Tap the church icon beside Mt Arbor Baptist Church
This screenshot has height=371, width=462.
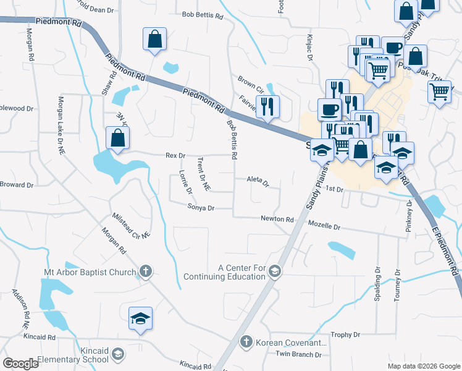tap(145, 271)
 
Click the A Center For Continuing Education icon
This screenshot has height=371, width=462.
tap(274, 271)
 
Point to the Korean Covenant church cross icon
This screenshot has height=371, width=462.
tap(246, 342)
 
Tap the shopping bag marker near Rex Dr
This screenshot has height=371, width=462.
tap(117, 139)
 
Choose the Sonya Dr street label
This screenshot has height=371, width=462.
tap(201, 208)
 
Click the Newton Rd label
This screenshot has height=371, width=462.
tap(277, 219)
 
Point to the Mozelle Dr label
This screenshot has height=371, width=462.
tap(324, 227)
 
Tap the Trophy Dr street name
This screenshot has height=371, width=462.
tap(345, 335)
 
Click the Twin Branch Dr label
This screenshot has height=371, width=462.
tap(298, 354)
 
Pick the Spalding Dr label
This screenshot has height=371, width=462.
tap(377, 282)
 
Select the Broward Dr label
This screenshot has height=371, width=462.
tap(17, 185)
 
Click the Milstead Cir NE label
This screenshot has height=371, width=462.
tap(131, 226)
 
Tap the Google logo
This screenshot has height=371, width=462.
tap(20, 363)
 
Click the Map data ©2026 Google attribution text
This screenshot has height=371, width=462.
tap(423, 366)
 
